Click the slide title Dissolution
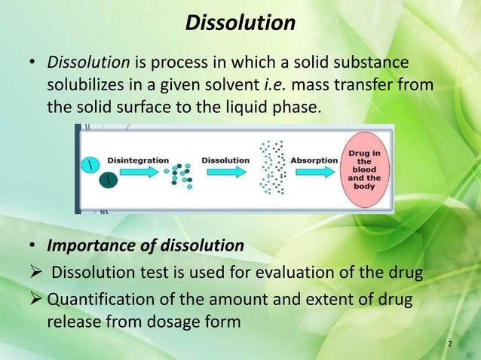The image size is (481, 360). point(240,23)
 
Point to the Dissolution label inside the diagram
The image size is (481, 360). point(225,160)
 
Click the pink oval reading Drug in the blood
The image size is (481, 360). point(364,169)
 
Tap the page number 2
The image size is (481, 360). point(450,344)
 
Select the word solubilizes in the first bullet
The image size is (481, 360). point(84,85)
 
